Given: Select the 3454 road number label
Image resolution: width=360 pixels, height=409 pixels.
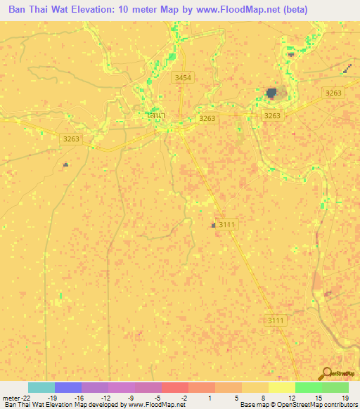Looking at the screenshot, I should (183, 77).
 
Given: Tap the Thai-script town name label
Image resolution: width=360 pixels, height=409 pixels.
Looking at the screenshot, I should (156, 115).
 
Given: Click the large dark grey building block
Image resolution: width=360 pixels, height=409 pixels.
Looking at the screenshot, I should (272, 92).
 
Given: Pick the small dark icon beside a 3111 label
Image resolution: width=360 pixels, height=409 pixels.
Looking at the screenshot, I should (213, 225).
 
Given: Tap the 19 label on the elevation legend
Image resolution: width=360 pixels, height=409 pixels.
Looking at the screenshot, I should (344, 397).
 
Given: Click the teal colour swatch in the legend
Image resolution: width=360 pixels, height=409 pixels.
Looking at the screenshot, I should (41, 387).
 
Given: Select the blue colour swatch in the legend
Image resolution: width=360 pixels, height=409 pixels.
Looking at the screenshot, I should (68, 387).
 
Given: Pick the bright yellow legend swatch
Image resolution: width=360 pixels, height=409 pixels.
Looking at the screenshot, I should (282, 387).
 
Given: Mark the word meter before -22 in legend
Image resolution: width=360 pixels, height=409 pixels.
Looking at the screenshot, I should (10, 397).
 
